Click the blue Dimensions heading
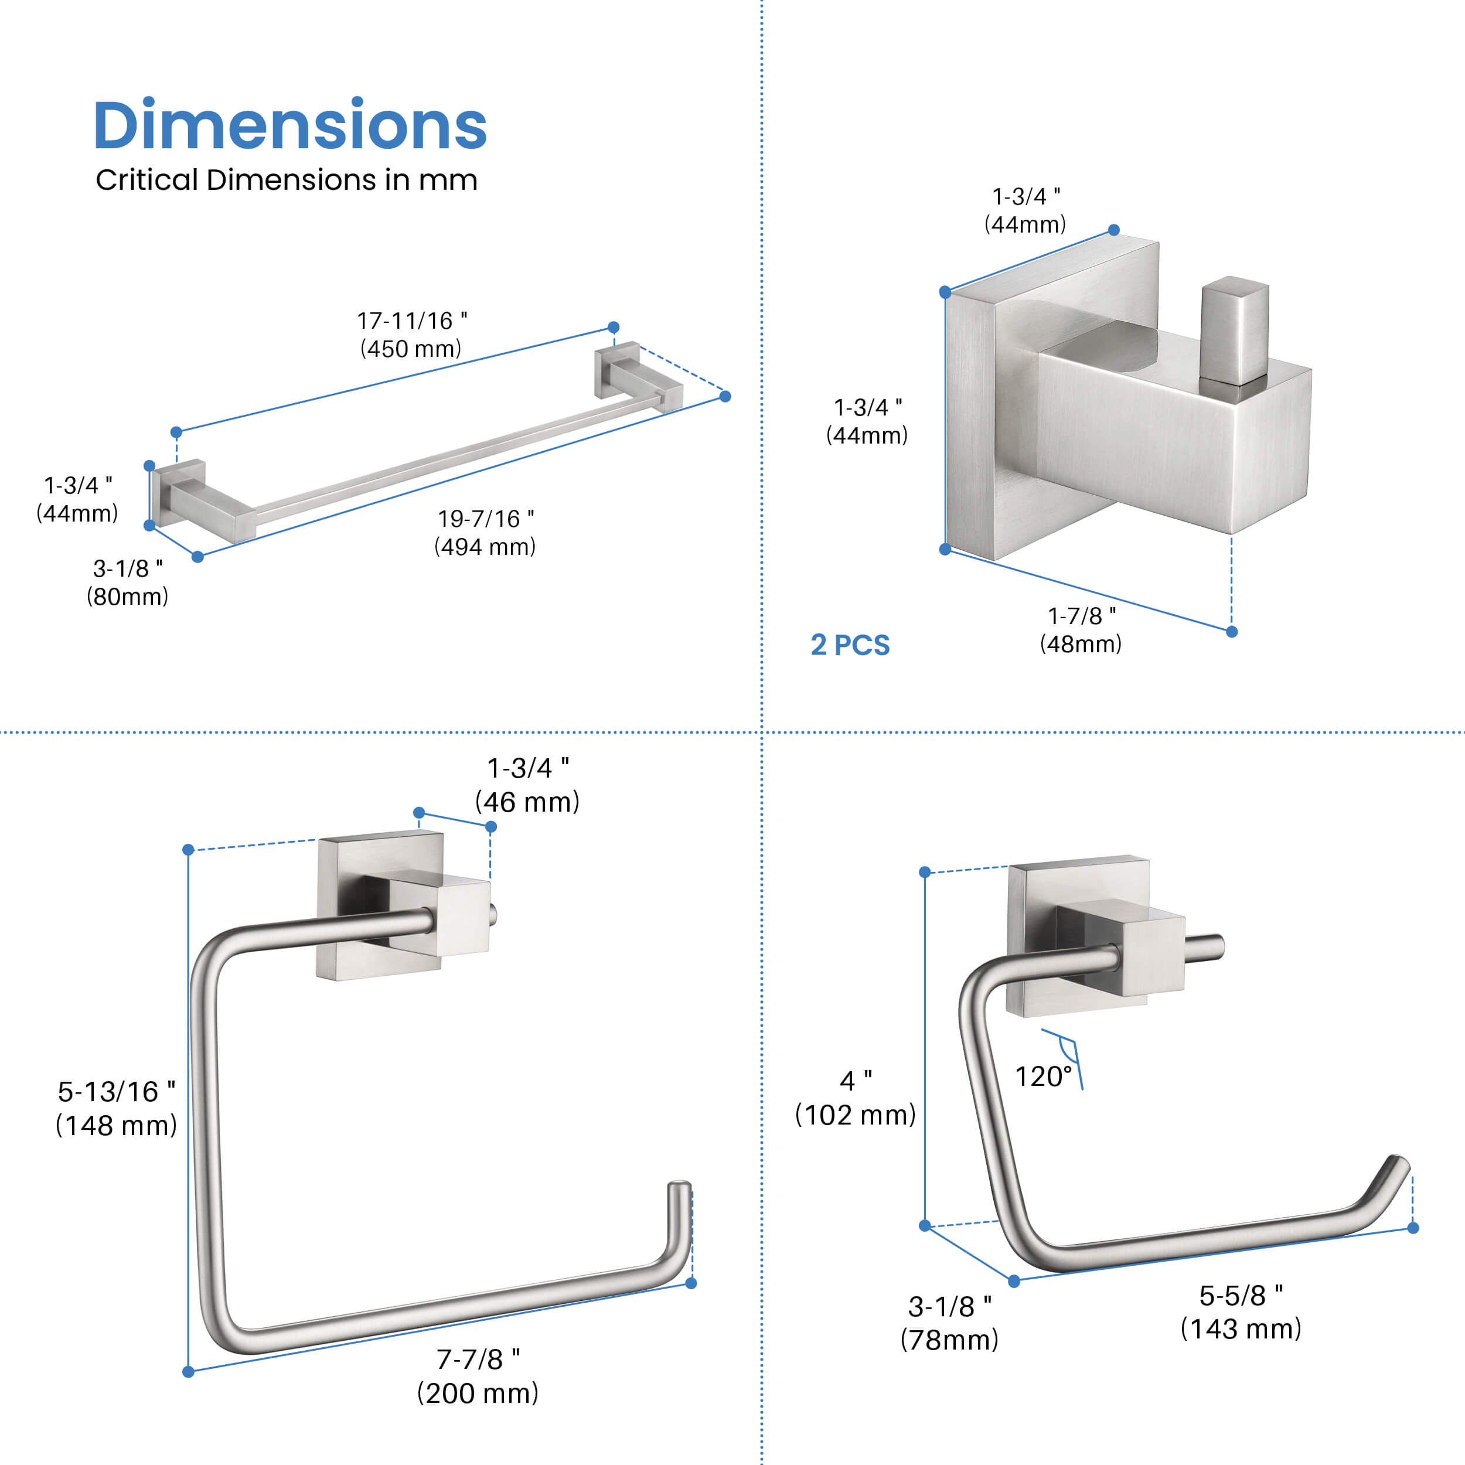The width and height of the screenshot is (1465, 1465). click(289, 126)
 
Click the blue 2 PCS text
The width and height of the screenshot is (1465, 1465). click(850, 645)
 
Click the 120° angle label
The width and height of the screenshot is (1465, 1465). click(1044, 1076)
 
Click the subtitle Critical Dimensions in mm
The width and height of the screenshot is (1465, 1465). click(287, 180)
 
